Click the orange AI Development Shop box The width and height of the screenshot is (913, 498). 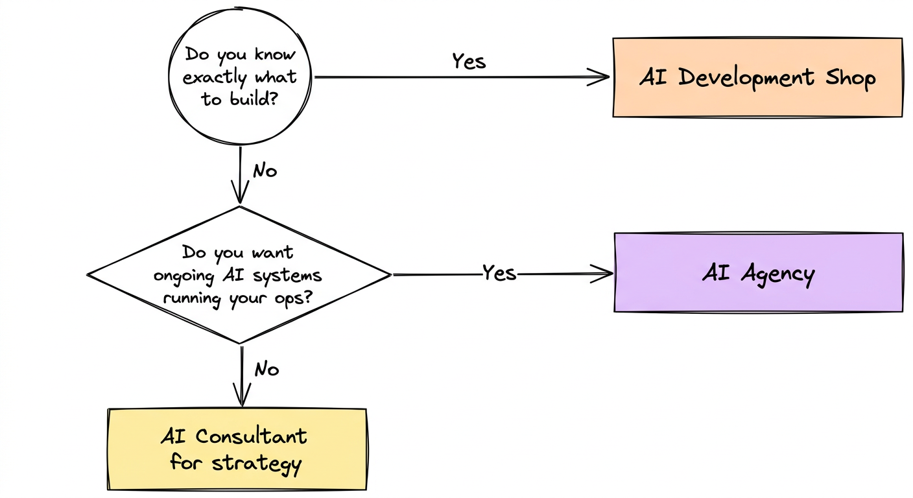(757, 77)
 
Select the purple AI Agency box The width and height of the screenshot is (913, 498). (758, 273)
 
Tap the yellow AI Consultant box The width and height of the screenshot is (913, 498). (237, 449)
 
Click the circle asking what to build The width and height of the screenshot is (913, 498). (240, 77)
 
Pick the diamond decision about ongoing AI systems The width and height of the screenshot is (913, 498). (239, 274)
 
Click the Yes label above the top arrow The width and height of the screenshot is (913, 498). (469, 61)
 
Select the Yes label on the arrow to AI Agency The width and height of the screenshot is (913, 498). (499, 273)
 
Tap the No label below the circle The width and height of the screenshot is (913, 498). (265, 171)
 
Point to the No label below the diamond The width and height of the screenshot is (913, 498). (267, 369)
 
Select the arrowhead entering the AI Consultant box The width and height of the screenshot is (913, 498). (242, 399)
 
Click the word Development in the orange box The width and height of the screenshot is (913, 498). (746, 78)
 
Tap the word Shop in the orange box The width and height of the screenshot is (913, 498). (850, 78)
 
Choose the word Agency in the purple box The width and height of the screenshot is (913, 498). (777, 275)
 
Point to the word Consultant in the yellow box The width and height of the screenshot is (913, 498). (251, 436)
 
